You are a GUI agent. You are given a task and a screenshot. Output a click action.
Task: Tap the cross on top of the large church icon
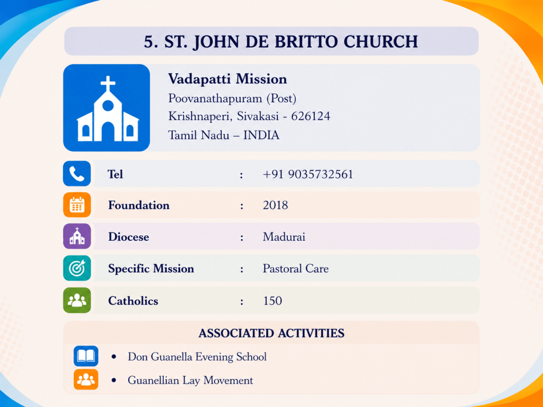(108, 84)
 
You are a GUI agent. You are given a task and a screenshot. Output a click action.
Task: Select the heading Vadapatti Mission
(227, 79)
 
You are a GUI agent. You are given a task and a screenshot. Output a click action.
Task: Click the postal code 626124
(311, 116)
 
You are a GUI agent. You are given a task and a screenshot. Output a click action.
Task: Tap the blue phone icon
(77, 173)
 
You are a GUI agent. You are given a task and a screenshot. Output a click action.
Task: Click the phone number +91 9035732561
(308, 174)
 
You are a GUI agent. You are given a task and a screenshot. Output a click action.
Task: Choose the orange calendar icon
(77, 205)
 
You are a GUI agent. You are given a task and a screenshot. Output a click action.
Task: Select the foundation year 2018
(275, 205)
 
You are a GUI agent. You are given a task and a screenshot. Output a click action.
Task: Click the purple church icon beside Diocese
(77, 236)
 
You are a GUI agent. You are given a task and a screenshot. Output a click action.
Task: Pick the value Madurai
(284, 237)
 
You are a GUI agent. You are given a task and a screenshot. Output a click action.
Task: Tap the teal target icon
(77, 268)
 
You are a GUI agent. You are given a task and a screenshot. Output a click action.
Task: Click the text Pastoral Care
(296, 269)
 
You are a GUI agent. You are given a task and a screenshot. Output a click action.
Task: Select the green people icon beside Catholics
(77, 300)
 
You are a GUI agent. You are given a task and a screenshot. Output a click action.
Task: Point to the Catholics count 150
(273, 301)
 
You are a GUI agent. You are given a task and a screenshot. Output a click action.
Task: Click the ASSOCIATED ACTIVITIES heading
(271, 333)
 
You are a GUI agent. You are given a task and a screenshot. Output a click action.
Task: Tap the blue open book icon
(86, 356)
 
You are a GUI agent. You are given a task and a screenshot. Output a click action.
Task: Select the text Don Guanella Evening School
(197, 357)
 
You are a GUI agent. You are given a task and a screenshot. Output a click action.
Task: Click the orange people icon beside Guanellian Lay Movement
(86, 379)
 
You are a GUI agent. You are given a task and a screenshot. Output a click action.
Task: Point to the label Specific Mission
(151, 269)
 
